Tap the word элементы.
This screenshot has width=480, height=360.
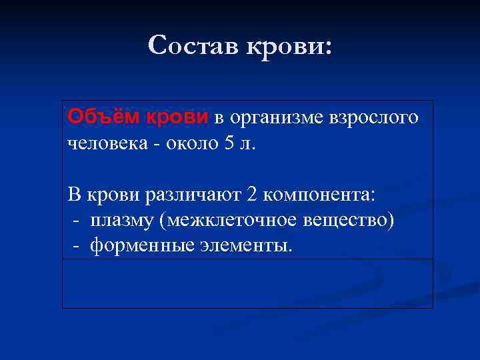pyautogui.click(x=246, y=245)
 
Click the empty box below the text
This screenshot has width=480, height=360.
pyautogui.click(x=247, y=283)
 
